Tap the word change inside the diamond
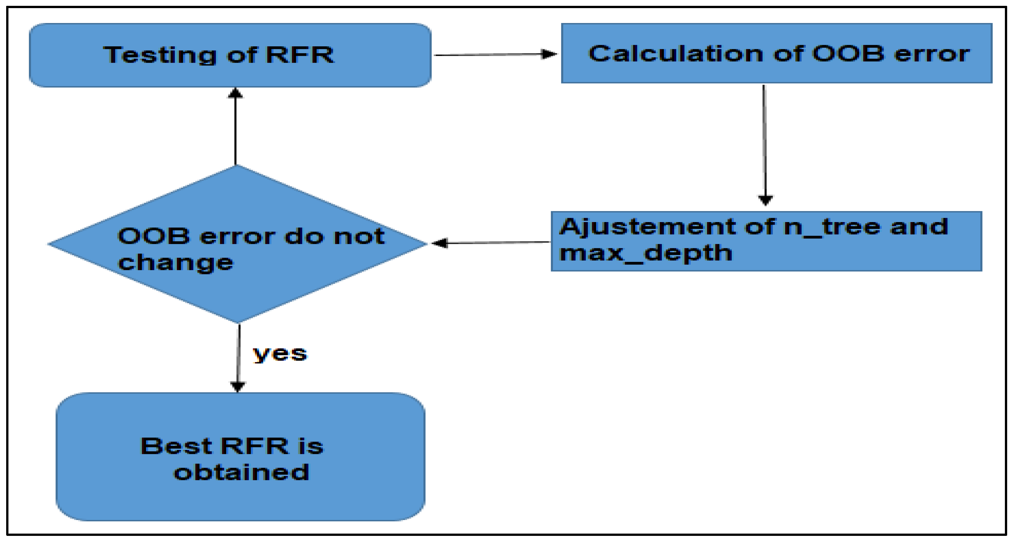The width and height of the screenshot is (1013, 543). coord(176,263)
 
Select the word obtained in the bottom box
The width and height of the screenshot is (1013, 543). coord(241,472)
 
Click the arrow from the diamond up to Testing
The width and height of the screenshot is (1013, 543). coord(235,126)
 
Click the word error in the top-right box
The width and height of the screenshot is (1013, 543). coord(932,53)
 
